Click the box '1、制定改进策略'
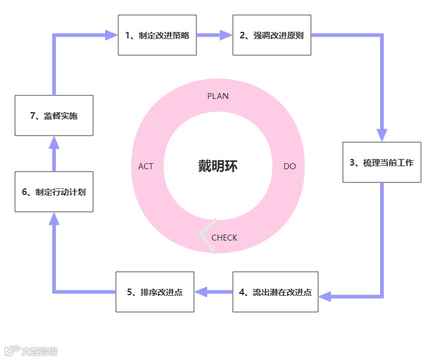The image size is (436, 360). pos(157,35)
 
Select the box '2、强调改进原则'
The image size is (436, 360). pos(271,35)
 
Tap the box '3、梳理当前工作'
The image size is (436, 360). pos(381,162)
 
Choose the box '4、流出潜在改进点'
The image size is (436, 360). pos(275,292)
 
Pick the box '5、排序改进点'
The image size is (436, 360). pos(154,292)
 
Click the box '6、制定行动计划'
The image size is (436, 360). pos(54,192)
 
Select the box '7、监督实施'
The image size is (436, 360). pos(54,116)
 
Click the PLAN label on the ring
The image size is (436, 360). pos(218,96)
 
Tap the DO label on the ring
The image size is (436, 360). pos(289,166)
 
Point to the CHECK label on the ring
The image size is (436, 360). pos(224,238)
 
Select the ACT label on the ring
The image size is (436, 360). pos(146,166)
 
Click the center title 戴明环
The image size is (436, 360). pos(218,166)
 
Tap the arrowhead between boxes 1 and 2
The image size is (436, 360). pos(226,35)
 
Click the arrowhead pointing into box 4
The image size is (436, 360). pos(325,296)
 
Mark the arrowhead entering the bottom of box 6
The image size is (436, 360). pos(54,219)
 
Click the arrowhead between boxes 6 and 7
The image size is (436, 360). pos(54,142)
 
